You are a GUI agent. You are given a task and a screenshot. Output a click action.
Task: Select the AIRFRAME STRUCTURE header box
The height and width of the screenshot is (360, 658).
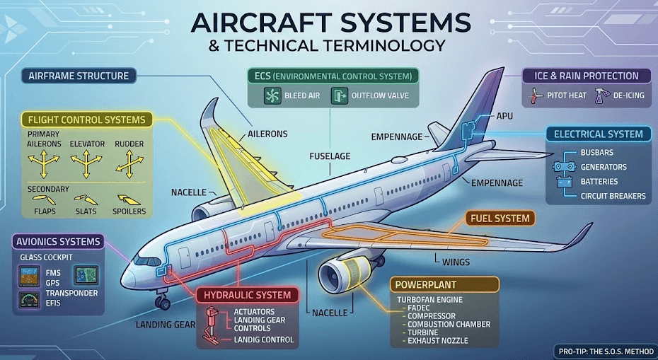pyautogui.click(x=79, y=76)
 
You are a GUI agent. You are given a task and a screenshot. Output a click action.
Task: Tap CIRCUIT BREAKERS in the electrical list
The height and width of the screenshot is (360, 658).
pyautogui.click(x=613, y=196)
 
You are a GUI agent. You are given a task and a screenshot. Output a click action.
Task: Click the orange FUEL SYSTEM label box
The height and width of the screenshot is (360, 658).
pyautogui.click(x=500, y=219)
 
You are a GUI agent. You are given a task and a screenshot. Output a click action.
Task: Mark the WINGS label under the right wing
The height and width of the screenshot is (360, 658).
pyautogui.click(x=456, y=262)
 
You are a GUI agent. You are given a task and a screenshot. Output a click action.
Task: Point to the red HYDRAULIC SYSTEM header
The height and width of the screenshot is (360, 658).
pyautogui.click(x=247, y=294)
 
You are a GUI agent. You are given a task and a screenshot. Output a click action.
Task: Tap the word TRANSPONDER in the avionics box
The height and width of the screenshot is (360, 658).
pyautogui.click(x=73, y=293)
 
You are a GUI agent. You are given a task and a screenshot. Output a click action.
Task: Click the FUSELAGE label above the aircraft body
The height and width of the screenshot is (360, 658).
pyautogui.click(x=330, y=156)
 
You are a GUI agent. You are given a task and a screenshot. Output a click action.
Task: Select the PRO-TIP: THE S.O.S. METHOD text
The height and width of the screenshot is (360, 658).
pyautogui.click(x=602, y=350)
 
